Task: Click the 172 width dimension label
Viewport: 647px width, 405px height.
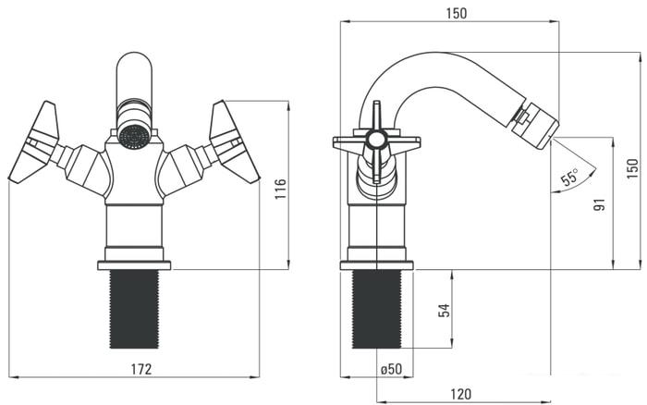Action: [140, 369]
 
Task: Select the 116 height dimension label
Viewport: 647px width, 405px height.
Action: [280, 193]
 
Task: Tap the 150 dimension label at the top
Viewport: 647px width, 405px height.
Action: [456, 13]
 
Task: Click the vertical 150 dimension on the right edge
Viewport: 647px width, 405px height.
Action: [632, 168]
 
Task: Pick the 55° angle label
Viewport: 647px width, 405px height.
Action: [570, 178]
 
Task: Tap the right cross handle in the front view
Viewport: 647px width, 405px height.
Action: [232, 141]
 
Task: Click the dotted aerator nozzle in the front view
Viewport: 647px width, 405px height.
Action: [134, 137]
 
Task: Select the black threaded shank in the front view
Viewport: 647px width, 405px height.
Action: [134, 310]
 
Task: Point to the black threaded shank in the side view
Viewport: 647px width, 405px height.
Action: [378, 310]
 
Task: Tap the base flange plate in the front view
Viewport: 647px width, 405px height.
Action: [134, 265]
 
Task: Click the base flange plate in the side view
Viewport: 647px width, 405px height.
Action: [377, 265]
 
